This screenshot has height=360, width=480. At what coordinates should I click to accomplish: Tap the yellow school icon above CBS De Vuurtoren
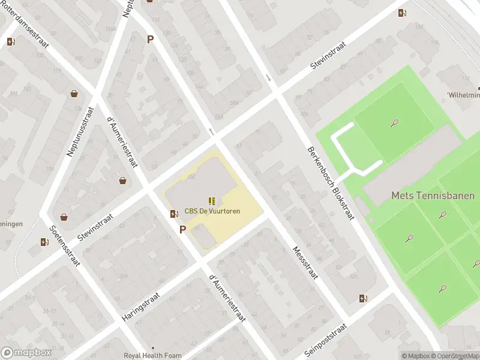pos(211,200)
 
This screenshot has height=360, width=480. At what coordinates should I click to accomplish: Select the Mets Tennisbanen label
pos(433,196)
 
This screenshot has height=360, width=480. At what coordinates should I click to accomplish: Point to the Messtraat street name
pos(304,263)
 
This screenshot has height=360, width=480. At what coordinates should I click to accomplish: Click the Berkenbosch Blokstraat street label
pos(331,183)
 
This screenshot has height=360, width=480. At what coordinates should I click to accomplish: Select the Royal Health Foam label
pos(152,355)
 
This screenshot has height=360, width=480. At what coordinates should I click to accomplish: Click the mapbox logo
pos(26,353)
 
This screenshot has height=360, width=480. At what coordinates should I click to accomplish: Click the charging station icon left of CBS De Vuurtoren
pos(174,214)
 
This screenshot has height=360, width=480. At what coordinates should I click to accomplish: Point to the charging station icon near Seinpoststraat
pos(362,298)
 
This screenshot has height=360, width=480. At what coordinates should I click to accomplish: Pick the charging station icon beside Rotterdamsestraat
pos(11,42)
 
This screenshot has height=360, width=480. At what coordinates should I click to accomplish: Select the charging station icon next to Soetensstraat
pos(44,242)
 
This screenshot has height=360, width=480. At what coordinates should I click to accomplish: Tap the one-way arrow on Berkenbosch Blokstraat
pos(268,77)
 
